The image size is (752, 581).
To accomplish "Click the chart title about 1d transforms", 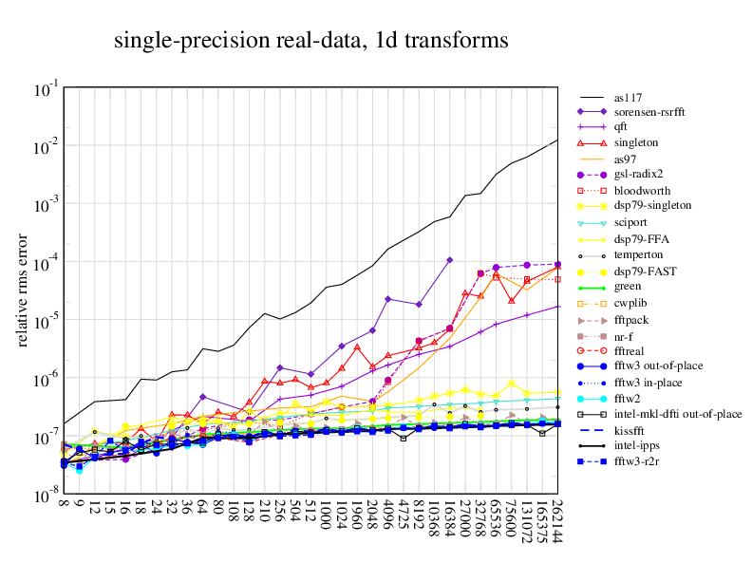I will pos(310,41).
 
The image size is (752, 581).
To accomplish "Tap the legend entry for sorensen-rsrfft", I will pos(649,112).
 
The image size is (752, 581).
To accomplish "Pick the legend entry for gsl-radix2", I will pos(637,174).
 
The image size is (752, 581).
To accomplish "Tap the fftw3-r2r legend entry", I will pos(636,461).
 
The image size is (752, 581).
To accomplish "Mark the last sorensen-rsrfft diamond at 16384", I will pos(450,259).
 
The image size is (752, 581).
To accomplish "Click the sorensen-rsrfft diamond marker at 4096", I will pos(388,299).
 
